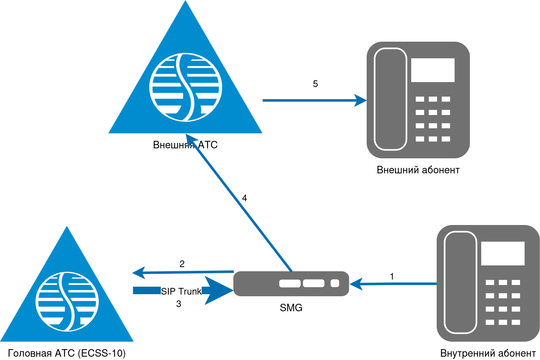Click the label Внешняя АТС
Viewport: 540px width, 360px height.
click(185, 145)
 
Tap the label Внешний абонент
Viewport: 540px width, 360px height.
click(418, 170)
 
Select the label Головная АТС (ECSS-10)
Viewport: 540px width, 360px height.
click(67, 353)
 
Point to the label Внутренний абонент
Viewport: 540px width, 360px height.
click(488, 353)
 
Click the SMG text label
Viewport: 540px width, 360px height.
click(291, 308)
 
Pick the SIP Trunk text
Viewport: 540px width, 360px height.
click(181, 291)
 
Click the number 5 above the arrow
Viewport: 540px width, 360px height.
click(315, 84)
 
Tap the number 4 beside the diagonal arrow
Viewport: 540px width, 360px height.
click(245, 198)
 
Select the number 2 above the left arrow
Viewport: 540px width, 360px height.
click(182, 264)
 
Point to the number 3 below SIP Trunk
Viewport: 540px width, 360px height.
click(179, 304)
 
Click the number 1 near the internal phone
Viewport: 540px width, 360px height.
click(392, 276)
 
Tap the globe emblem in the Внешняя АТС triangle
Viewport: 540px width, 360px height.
click(185, 87)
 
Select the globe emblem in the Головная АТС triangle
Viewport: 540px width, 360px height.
click(67, 302)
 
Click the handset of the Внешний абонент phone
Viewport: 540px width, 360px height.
click(390, 99)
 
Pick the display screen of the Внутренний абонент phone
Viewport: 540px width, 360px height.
click(502, 253)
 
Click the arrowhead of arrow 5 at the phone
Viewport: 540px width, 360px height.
click(360, 100)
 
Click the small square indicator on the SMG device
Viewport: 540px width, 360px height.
click(335, 284)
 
